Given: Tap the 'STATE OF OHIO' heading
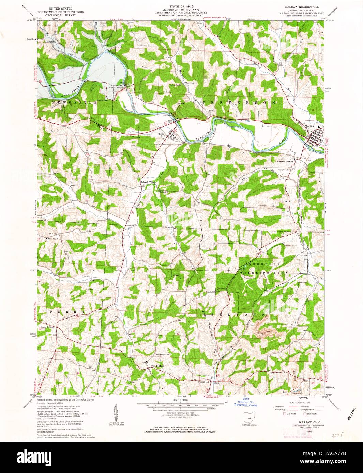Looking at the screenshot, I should point(180,6).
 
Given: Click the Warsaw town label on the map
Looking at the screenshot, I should point(309,126).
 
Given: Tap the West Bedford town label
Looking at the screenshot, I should point(157,366).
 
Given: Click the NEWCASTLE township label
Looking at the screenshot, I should point(74,102).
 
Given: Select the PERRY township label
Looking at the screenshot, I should point(67,311).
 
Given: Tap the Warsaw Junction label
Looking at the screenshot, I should point(285,161).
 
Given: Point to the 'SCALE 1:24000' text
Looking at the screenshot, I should point(180,400).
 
